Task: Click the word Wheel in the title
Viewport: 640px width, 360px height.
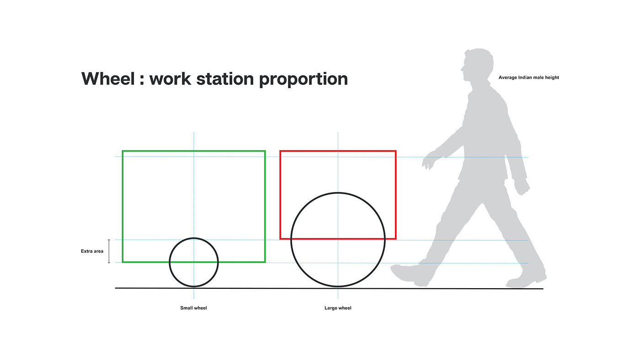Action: click(x=108, y=79)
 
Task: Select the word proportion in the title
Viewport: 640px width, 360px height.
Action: click(x=303, y=79)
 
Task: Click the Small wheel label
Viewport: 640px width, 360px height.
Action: click(x=193, y=308)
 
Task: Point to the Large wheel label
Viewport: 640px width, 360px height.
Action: click(x=338, y=308)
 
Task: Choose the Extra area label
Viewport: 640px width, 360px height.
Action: click(x=92, y=251)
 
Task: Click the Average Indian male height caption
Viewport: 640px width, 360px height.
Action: click(x=528, y=78)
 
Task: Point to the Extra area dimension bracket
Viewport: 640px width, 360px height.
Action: click(x=109, y=251)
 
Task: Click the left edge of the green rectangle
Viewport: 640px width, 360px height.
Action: click(x=123, y=206)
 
